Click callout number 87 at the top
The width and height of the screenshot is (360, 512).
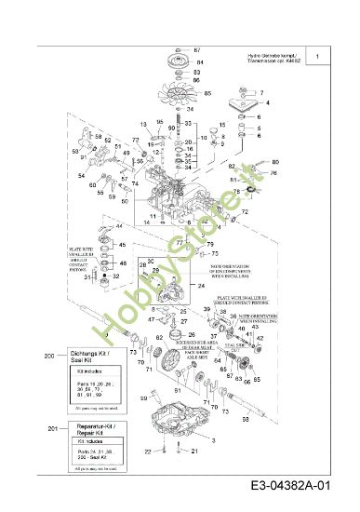point(196,48)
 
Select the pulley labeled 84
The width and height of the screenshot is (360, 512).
point(175,64)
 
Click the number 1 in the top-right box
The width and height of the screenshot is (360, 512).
point(318,58)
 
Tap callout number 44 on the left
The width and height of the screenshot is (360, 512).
point(119,227)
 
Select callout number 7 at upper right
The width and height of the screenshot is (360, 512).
point(262,92)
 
